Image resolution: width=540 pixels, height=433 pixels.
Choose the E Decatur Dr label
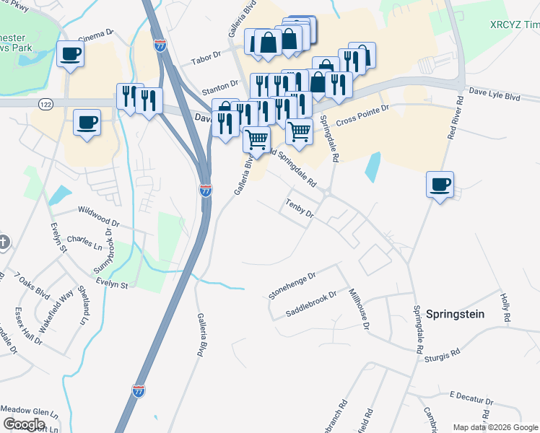[471, 398]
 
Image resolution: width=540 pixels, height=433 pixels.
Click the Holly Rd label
[505, 307]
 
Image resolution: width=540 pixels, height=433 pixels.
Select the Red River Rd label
[453, 119]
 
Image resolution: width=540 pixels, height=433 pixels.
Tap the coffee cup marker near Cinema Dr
[70, 53]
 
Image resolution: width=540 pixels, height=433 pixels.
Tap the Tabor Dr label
[204, 60]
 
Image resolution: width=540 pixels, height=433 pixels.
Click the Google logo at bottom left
[24, 424]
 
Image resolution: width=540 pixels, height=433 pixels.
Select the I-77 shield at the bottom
[138, 390]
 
